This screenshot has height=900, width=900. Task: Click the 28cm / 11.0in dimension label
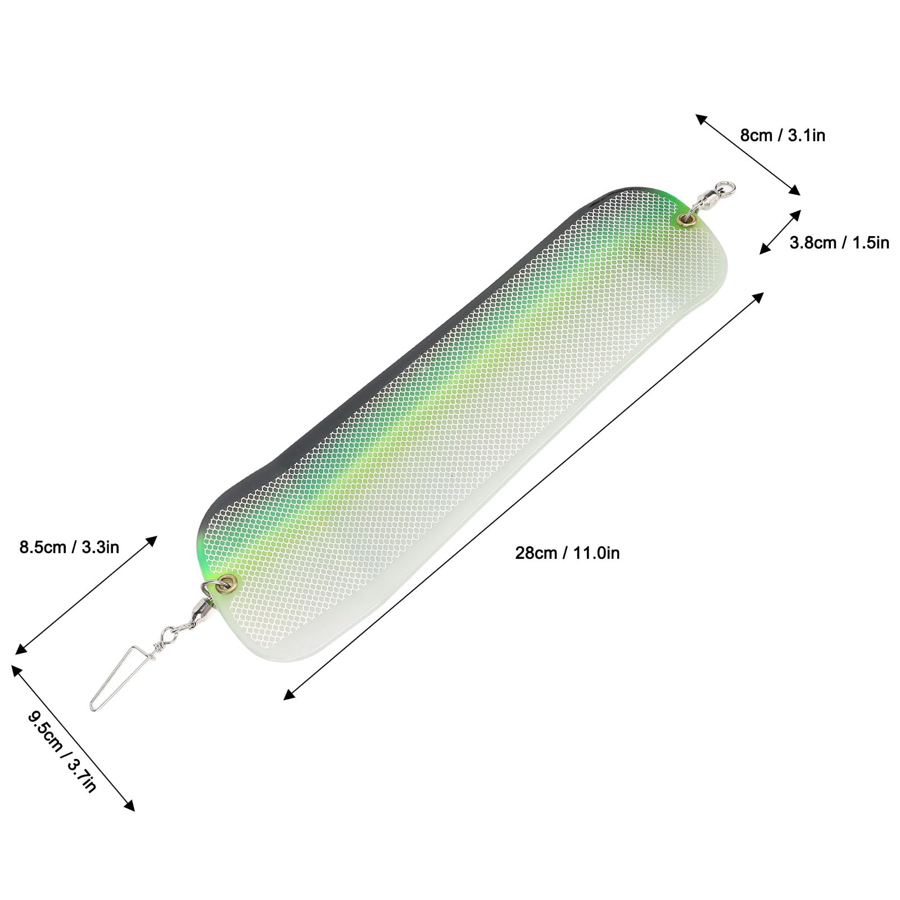pyautogui.click(x=567, y=553)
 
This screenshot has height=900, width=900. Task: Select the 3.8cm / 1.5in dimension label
pyautogui.click(x=839, y=242)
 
